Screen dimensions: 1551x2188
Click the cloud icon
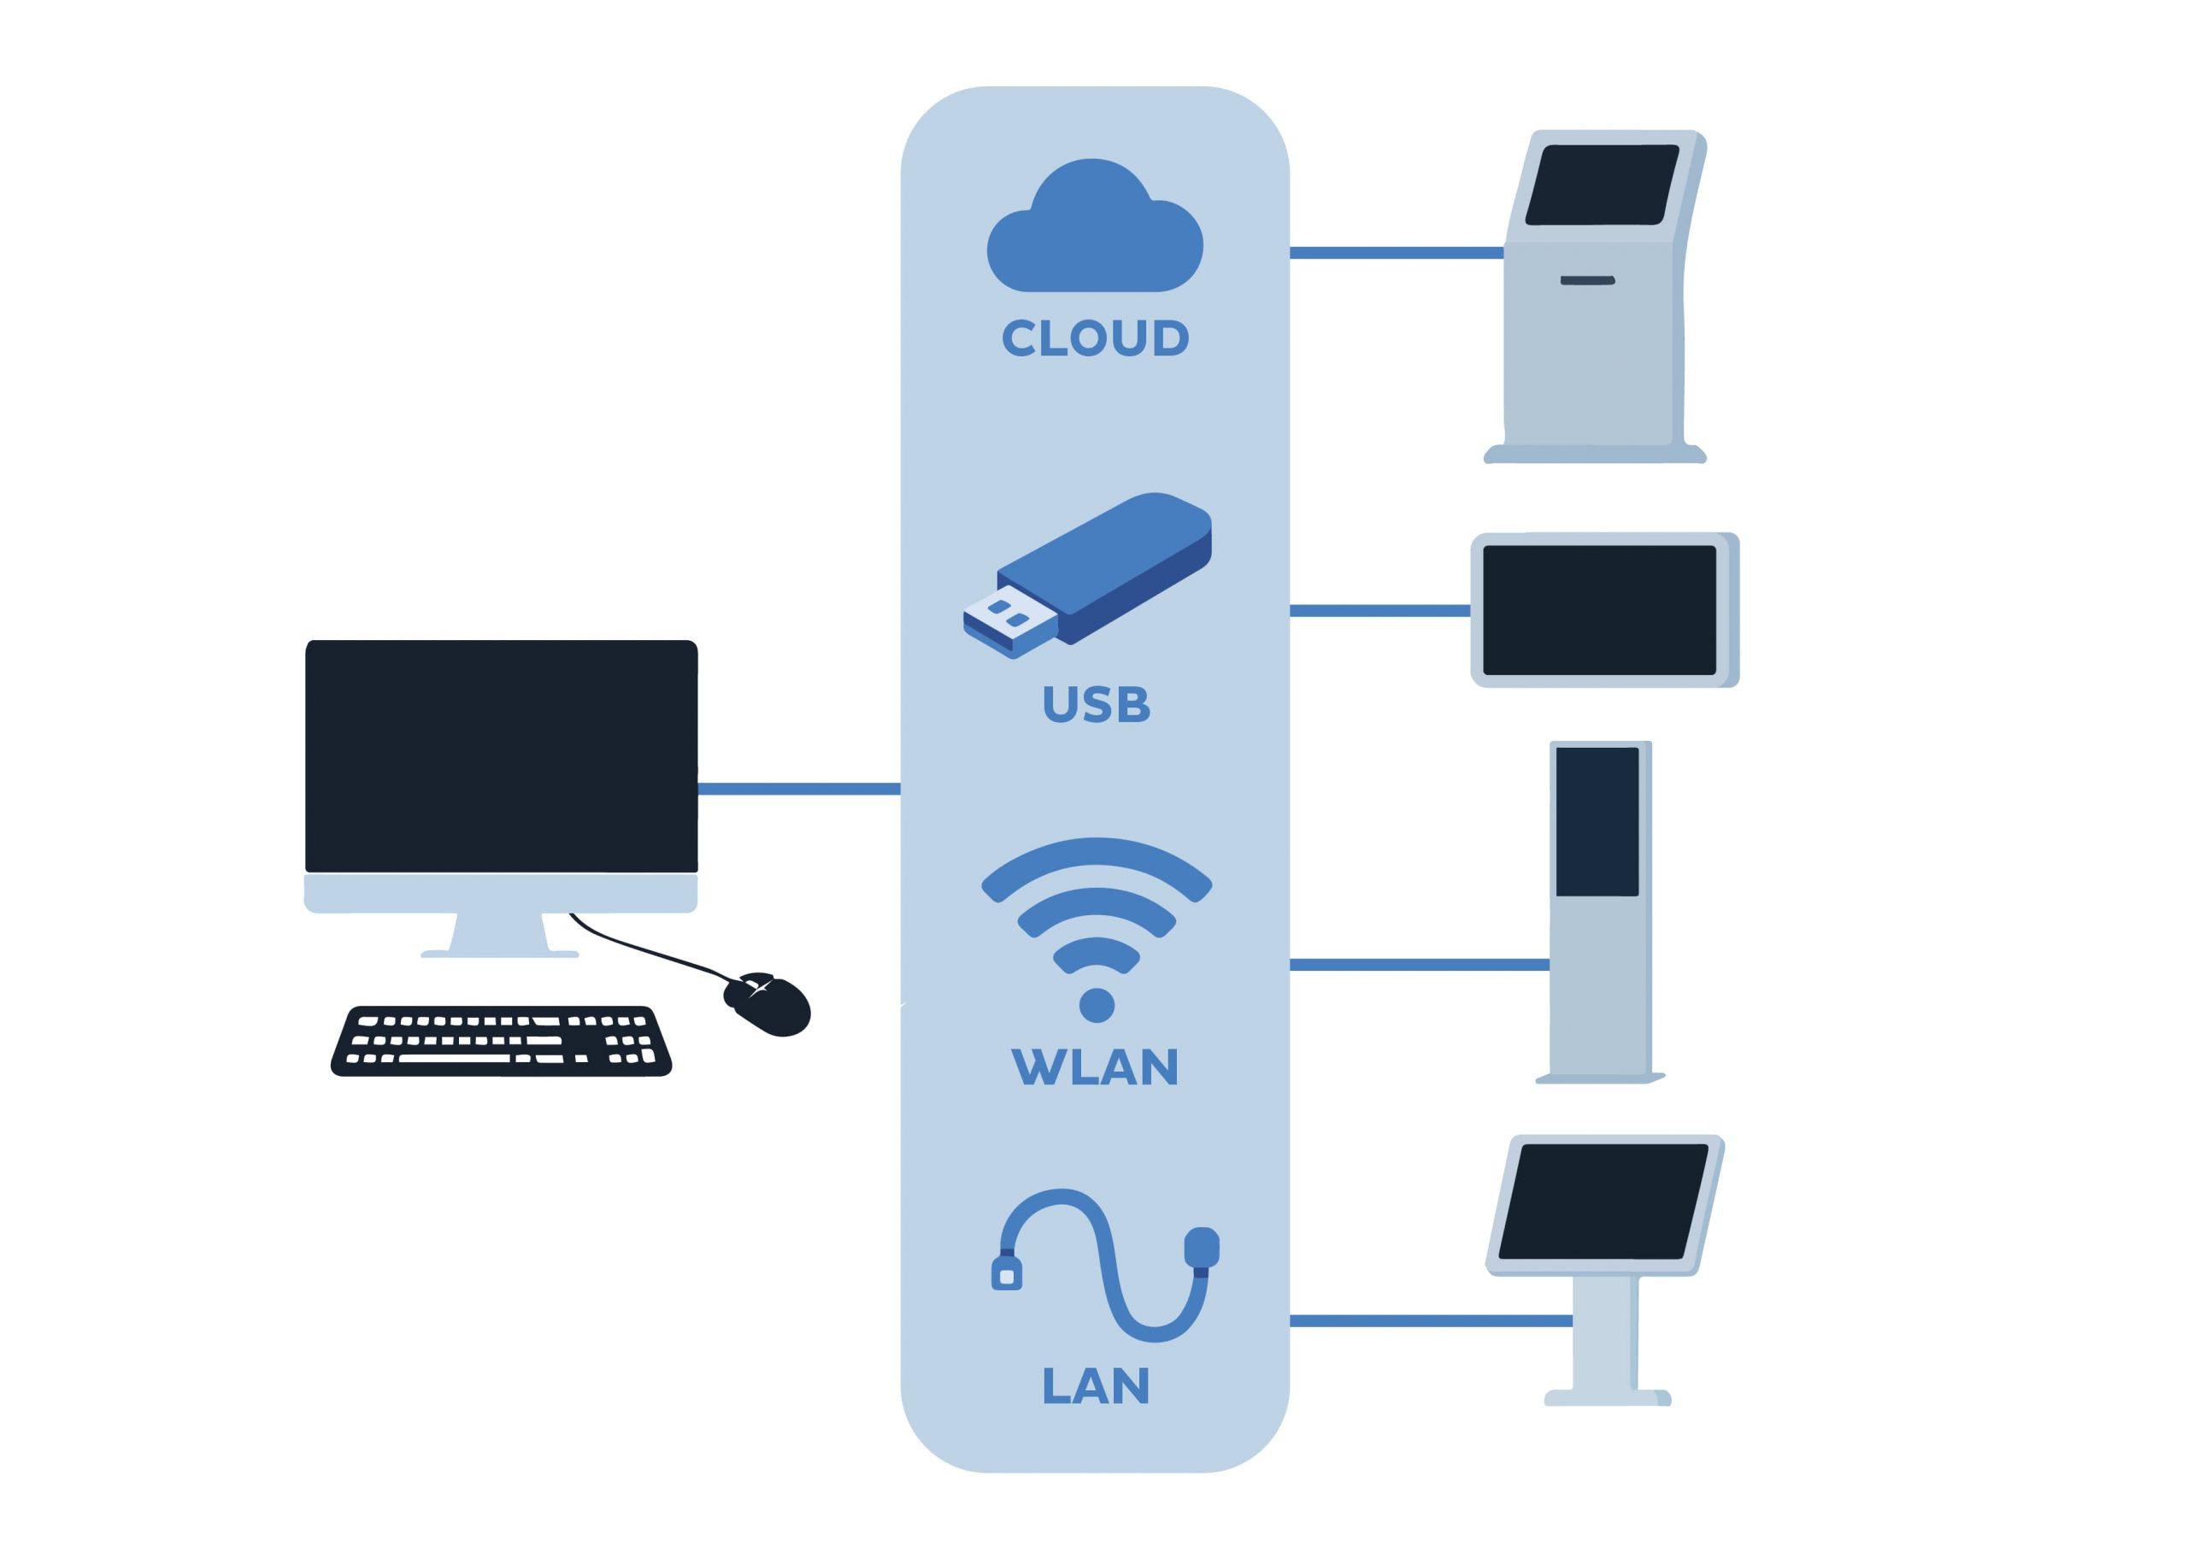[x=1095, y=235]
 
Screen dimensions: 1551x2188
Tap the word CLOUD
[x=1095, y=338]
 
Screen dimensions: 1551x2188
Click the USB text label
[x=1096, y=705]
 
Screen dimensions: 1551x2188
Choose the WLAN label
[x=1095, y=1067]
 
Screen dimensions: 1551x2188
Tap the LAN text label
[x=1095, y=1386]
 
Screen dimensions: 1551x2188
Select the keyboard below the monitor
[x=501, y=1042]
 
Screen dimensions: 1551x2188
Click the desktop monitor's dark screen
[x=501, y=755]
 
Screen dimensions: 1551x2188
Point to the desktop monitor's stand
[x=499, y=935]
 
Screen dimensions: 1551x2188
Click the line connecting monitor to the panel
[x=798, y=789]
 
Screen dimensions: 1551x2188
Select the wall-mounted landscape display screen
[x=1599, y=610]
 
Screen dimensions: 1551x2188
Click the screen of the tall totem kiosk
[x=1597, y=821]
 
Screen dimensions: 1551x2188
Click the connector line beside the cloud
[x=1397, y=253]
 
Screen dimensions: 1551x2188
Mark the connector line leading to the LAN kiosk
[x=1431, y=1321]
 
